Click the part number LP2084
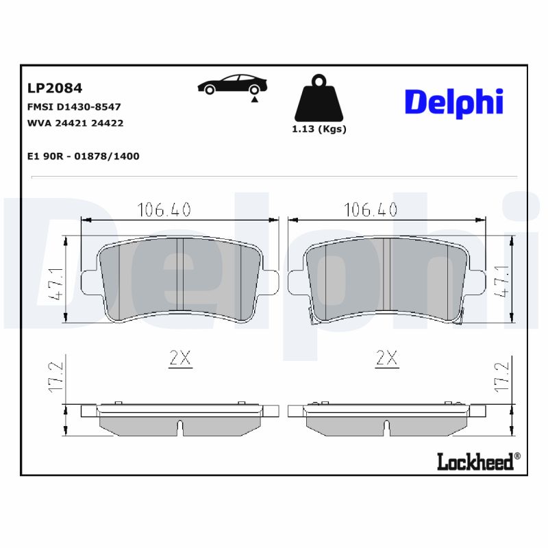tap(55, 88)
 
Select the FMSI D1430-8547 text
tap(74, 107)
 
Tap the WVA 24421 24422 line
tap(75, 123)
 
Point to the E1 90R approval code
tap(83, 156)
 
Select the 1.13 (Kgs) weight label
tap(319, 129)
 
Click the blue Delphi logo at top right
tap(454, 101)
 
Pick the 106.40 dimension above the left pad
tap(164, 210)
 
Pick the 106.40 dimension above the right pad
tap(371, 210)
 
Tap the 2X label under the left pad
tap(179, 358)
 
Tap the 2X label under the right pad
tap(387, 358)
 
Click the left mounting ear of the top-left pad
tap(88, 279)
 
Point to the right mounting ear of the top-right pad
tap(477, 279)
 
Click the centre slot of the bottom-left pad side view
tap(179, 427)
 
